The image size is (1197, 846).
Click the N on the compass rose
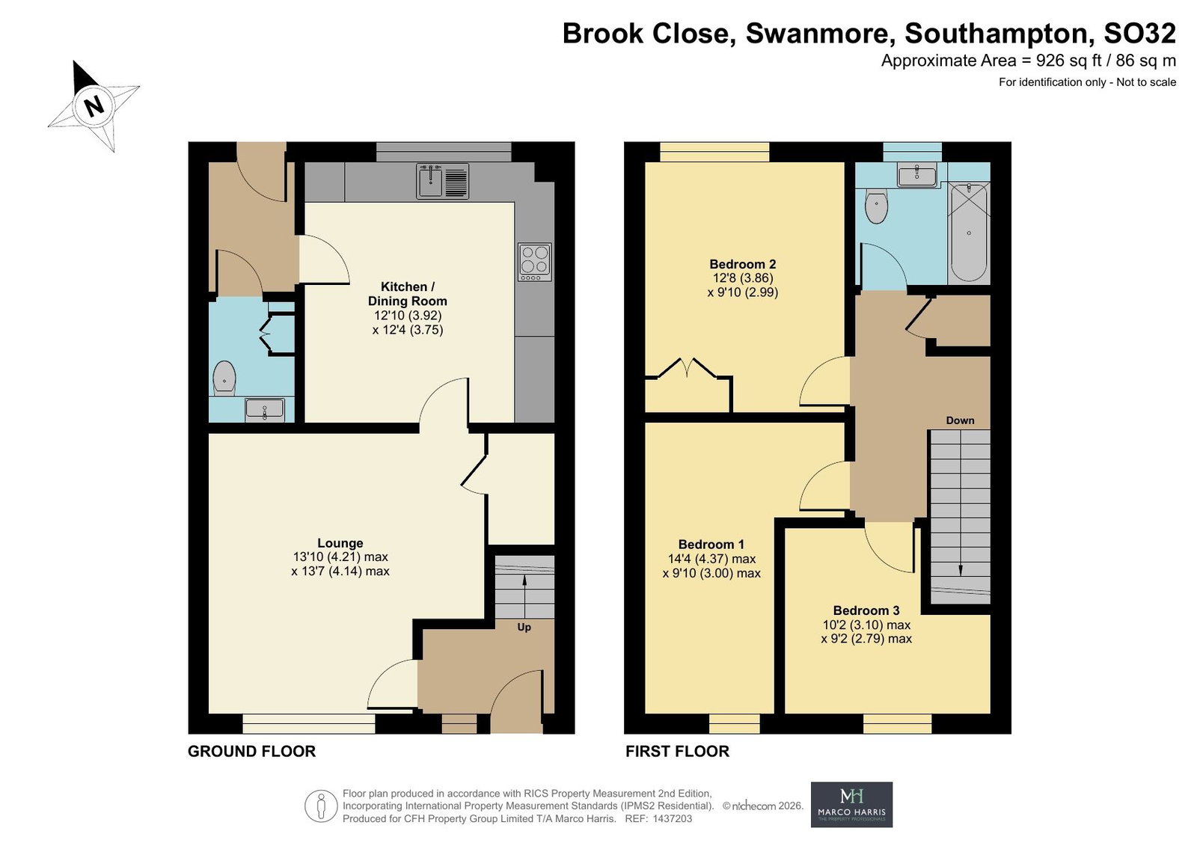coord(94,105)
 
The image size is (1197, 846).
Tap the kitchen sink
coord(442,181)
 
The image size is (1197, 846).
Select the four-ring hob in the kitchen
coord(534,263)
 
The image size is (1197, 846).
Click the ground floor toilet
coord(224,378)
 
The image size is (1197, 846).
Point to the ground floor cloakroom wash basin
coord(265,410)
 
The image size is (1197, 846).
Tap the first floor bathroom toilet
coord(876,206)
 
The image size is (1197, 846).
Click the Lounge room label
coord(340,543)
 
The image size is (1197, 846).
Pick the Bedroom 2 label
coord(743,264)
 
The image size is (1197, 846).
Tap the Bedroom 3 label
coord(866,610)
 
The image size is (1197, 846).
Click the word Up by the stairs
coord(524,628)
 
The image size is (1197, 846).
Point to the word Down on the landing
coord(961,420)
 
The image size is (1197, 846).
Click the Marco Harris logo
coord(852,805)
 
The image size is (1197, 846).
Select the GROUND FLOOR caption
coord(251,752)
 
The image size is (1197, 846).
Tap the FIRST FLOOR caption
coord(678,752)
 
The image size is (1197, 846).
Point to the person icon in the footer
coord(321,806)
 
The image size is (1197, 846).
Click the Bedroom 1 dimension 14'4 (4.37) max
coord(711,559)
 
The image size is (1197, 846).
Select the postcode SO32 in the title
coord(1140,33)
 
